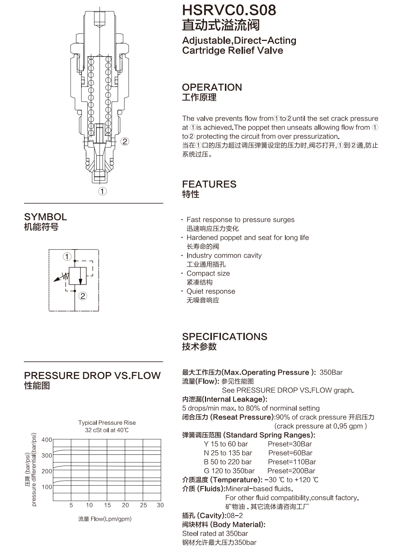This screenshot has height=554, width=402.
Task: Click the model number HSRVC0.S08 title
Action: click(229, 10)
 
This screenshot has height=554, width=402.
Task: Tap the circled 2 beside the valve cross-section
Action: click(125, 142)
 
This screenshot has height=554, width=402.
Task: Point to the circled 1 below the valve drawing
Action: click(102, 191)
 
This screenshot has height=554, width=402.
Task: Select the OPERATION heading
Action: click(212, 87)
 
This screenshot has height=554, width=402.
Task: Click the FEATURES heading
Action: click(209, 184)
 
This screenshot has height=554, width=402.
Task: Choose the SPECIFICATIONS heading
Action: click(225, 337)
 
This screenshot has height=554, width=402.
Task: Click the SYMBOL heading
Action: click(46, 217)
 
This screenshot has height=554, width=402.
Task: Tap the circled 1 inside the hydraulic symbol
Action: click(67, 256)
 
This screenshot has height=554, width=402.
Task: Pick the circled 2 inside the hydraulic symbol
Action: click(83, 296)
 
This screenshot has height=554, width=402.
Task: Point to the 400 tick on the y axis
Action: click(47, 440)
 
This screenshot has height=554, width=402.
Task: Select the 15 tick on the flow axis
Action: click(107, 505)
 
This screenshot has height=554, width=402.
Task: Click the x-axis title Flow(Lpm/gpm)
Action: click(111, 519)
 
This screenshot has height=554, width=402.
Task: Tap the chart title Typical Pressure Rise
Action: click(107, 423)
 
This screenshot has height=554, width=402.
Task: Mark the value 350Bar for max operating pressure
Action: click(331, 373)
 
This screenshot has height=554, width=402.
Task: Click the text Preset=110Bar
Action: click(292, 462)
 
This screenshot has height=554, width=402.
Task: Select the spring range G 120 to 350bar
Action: click(229, 471)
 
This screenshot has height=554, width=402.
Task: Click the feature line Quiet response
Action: click(211, 291)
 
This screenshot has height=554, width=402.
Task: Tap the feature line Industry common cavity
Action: click(224, 256)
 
